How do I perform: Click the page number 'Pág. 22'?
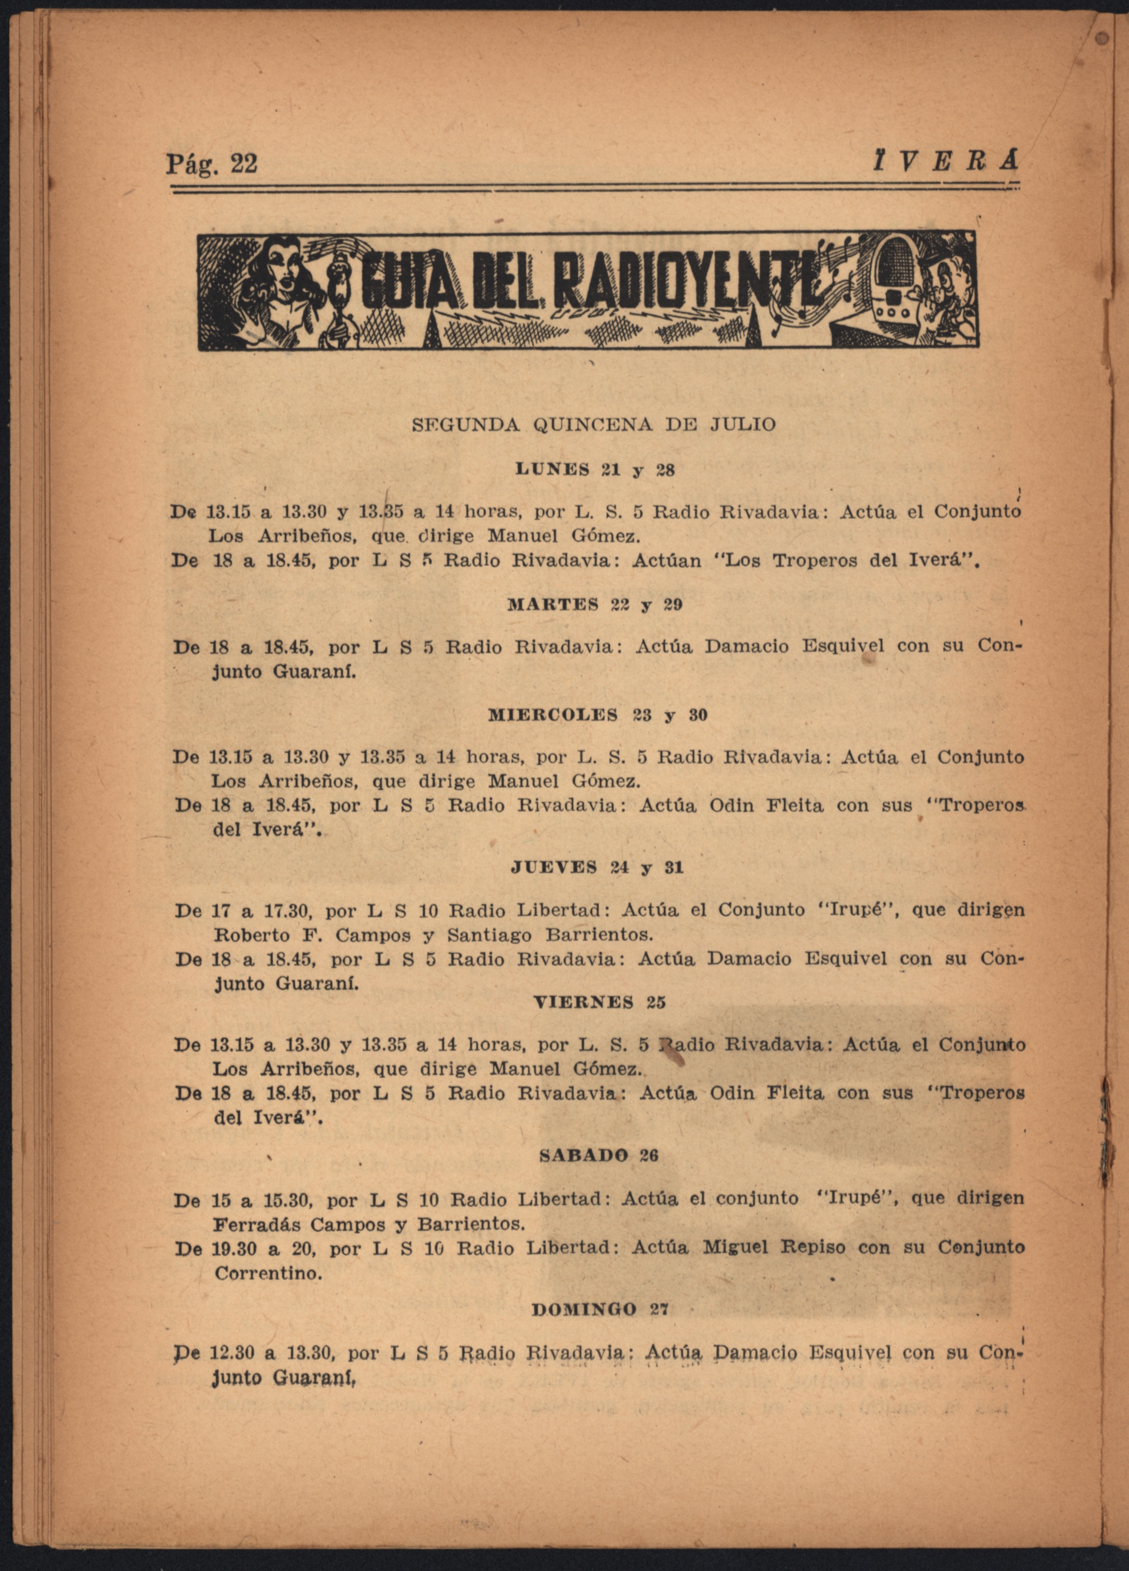tap(211, 164)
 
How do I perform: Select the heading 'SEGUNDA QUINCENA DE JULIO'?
tap(593, 425)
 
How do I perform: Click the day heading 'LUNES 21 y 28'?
tap(595, 470)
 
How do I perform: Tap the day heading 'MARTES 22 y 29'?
tap(595, 605)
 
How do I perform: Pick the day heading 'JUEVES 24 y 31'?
tap(596, 868)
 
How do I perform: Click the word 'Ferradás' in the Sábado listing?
tap(256, 1224)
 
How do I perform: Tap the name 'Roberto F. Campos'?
tap(312, 935)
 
